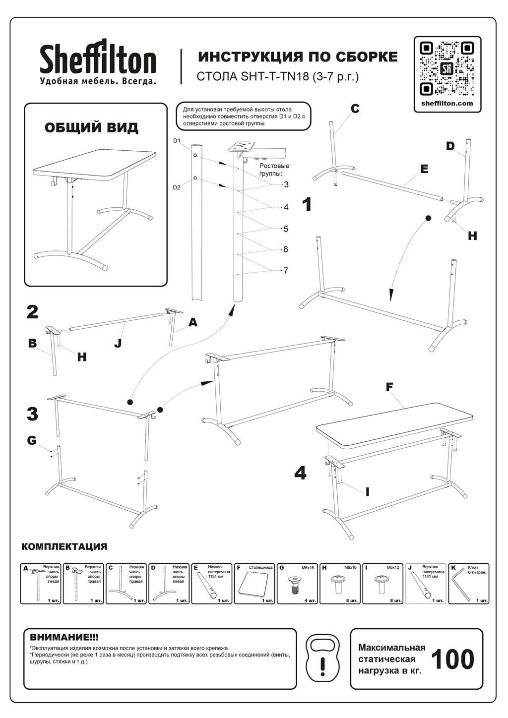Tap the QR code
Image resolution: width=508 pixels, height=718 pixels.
[x=447, y=68]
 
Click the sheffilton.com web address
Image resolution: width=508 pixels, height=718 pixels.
[x=447, y=104]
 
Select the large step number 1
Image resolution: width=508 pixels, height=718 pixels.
[x=308, y=204]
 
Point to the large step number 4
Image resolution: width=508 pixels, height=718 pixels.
[x=300, y=473]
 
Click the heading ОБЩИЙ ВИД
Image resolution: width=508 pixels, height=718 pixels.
[x=92, y=128]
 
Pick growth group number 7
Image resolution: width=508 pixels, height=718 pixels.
[x=286, y=271]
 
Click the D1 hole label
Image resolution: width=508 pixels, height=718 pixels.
[x=177, y=141]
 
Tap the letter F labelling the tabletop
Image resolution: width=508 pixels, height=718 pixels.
[x=389, y=387]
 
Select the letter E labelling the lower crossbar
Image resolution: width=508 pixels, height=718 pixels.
[x=424, y=169]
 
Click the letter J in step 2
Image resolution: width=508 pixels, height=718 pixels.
[x=118, y=343]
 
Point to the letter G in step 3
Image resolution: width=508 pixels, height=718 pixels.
[x=32, y=440]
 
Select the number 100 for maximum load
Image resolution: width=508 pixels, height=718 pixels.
[x=452, y=659]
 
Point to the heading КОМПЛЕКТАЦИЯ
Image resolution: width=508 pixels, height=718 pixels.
[x=64, y=547]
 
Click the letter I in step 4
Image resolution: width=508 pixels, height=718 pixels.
[x=368, y=492]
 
